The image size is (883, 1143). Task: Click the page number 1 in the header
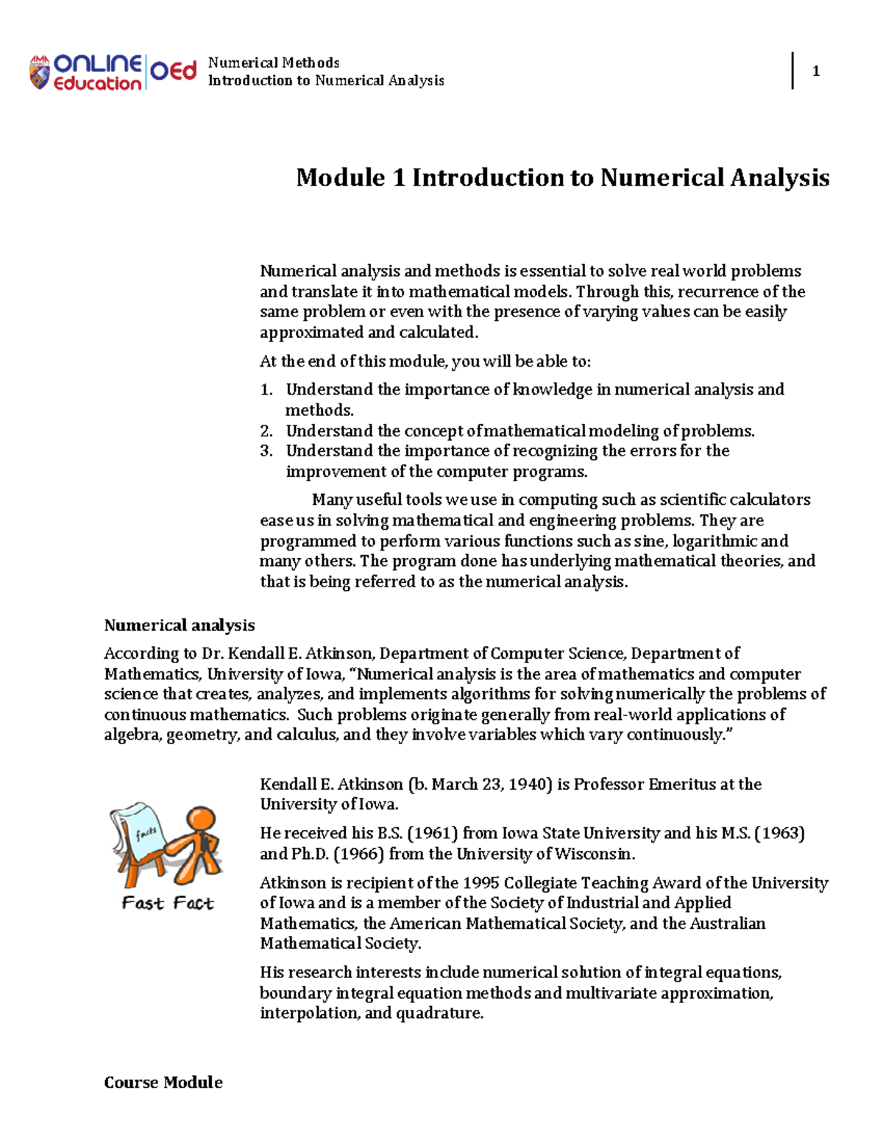click(815, 71)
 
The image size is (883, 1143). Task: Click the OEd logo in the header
click(174, 71)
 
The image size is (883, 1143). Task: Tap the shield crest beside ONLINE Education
click(40, 73)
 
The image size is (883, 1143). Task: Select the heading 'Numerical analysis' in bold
click(180, 626)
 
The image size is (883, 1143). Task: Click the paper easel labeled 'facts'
click(140, 839)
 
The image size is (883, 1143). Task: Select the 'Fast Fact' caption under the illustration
click(168, 903)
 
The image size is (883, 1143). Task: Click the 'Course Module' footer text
click(163, 1083)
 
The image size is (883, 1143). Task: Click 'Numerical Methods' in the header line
click(274, 63)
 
